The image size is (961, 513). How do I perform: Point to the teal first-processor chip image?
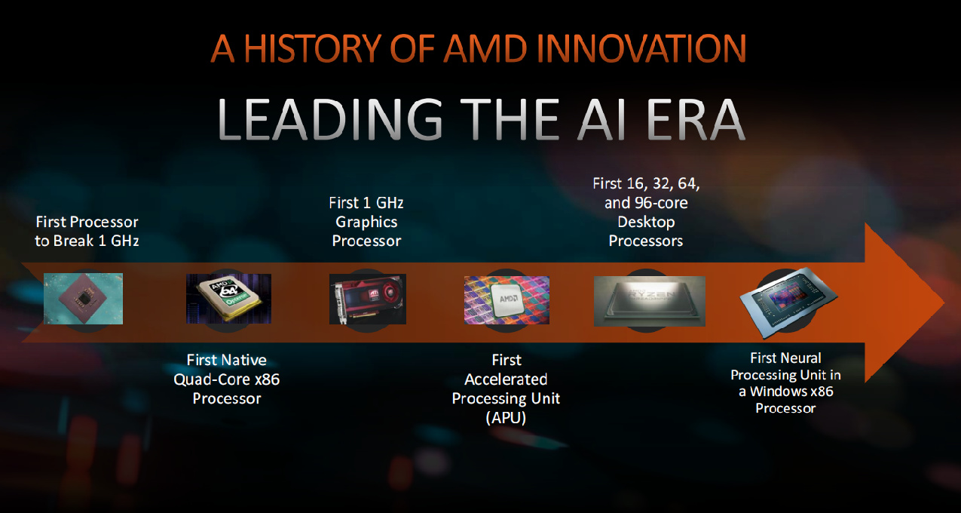[83, 299]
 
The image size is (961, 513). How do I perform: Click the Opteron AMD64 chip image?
[228, 299]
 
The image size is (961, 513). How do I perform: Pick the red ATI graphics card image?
[367, 299]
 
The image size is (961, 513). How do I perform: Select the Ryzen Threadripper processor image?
[649, 300]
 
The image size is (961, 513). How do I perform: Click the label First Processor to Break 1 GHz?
[87, 232]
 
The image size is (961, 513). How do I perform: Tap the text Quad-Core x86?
[227, 379]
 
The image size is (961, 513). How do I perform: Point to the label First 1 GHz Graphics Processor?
[366, 222]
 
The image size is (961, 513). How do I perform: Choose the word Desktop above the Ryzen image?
[646, 222]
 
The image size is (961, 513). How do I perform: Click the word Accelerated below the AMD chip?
[506, 379]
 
